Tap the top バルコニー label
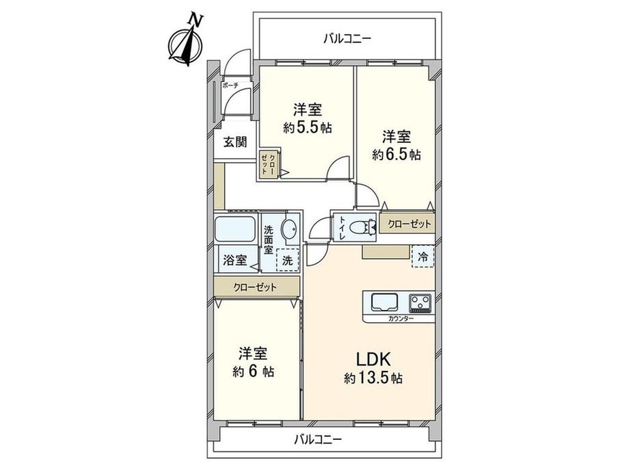coord(347,39)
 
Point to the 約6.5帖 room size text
coord(397,155)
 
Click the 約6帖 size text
coord(252,372)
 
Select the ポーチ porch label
coord(229,86)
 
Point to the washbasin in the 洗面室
coord(290,230)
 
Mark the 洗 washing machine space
coord(288,259)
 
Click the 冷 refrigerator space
coord(423,258)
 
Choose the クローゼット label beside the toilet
coord(410,224)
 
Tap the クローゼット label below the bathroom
coord(254,287)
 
